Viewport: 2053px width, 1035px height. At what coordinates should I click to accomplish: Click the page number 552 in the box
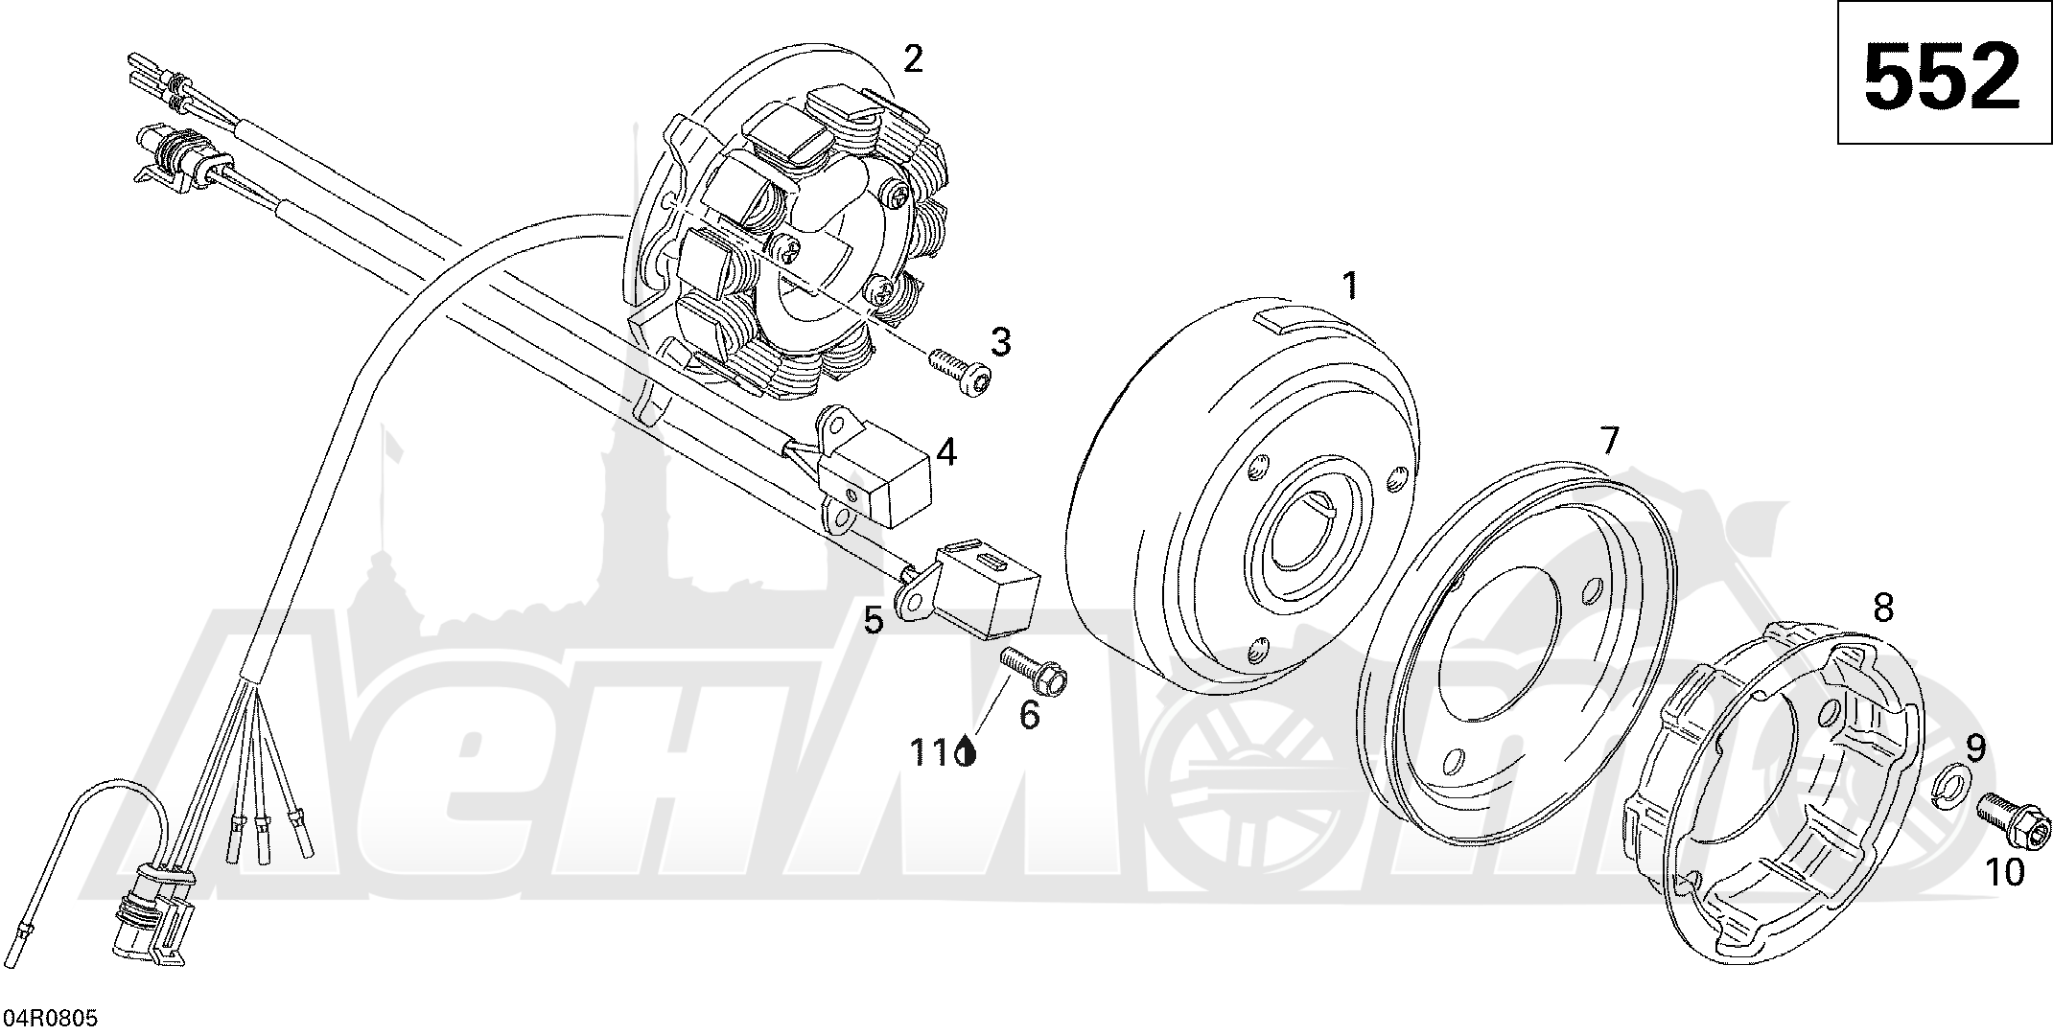(1943, 75)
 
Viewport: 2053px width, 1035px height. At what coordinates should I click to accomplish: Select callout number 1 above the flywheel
(1350, 285)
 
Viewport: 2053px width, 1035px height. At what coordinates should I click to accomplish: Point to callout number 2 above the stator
(913, 59)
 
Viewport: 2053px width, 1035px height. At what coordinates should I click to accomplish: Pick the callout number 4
(946, 451)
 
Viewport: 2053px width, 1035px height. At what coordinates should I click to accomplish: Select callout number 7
(1609, 441)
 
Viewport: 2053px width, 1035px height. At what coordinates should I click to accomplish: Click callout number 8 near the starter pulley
(1883, 607)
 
